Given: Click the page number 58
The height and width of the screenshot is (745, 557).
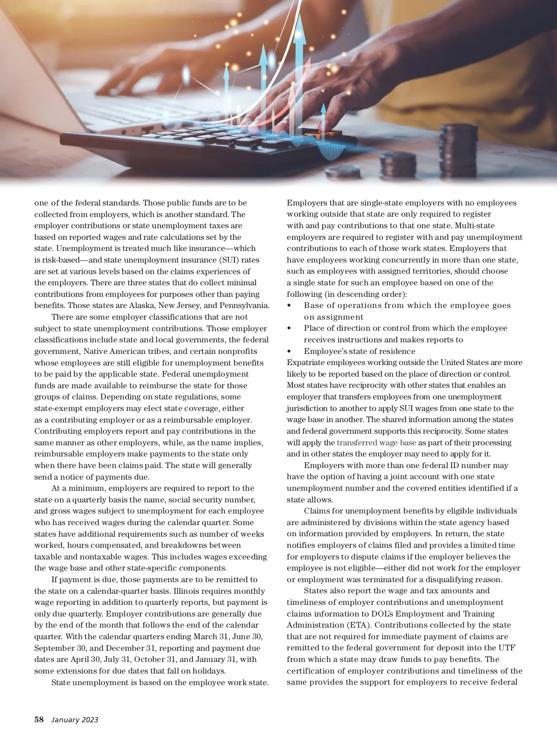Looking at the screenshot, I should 39,720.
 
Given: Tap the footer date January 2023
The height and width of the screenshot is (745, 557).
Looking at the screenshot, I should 75,720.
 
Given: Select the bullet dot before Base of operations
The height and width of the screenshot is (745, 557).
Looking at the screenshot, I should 290,305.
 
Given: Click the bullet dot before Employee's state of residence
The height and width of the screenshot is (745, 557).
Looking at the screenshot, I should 290,351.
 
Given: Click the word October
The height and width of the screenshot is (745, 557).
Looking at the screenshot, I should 155,659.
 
